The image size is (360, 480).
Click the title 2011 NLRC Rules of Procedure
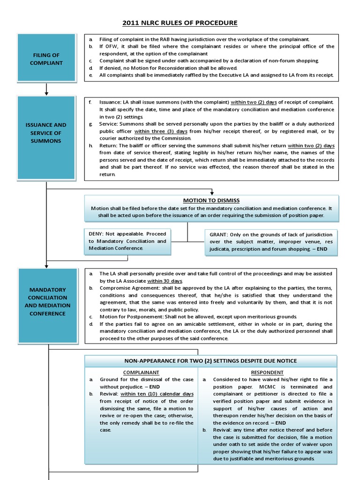[180, 22]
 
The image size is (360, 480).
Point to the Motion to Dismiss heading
[211, 200]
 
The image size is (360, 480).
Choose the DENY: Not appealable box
[127, 240]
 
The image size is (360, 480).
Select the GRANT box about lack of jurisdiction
[271, 241]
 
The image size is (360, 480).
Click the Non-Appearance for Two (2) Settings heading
[210, 360]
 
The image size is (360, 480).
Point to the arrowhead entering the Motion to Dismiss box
[212, 192]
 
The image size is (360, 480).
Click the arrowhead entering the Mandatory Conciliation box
[46, 265]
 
